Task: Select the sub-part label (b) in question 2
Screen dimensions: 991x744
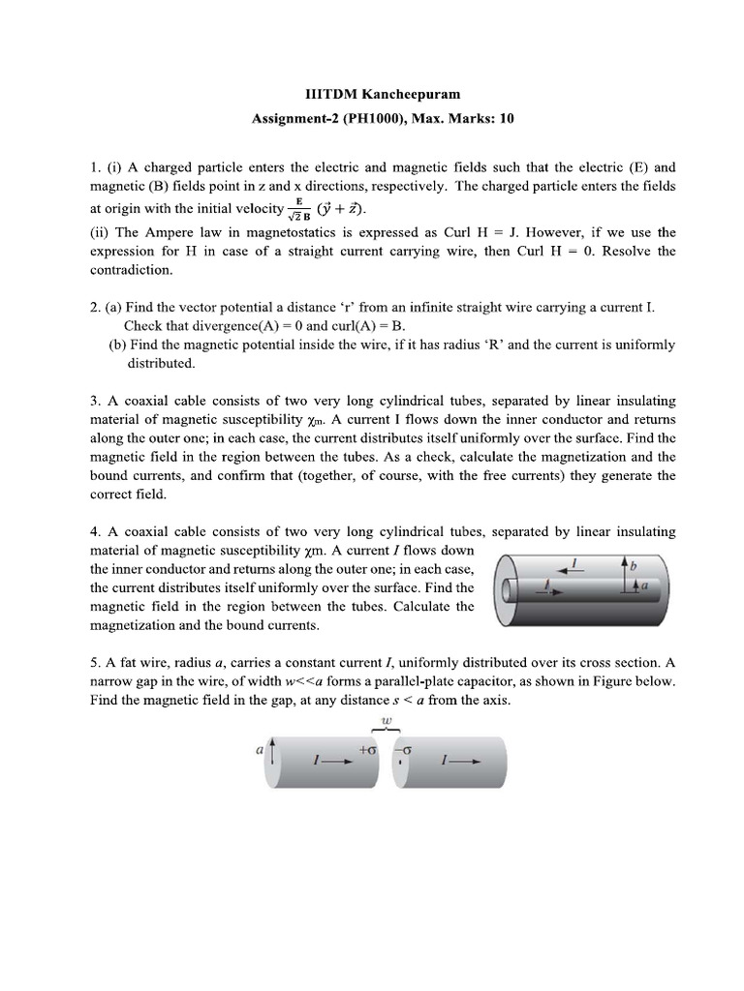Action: point(118,345)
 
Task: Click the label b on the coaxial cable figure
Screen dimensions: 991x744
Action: point(635,563)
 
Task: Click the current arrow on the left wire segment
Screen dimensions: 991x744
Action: point(325,762)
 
